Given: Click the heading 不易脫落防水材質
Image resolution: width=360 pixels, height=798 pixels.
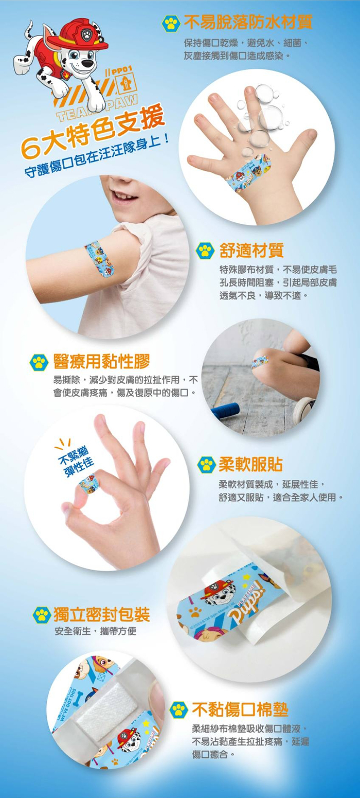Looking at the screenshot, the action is (248, 23).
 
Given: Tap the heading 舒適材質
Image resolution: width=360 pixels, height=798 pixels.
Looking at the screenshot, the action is (251, 250).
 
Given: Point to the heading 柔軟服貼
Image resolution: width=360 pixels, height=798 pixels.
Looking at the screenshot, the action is (250, 465).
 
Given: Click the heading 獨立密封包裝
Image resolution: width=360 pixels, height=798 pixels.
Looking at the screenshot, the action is (102, 614).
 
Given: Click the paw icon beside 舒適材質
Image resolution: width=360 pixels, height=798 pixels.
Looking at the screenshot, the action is (205, 251).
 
